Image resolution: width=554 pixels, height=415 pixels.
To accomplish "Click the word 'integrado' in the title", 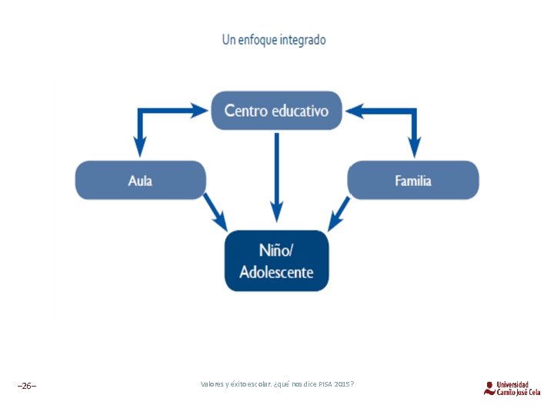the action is point(303,40).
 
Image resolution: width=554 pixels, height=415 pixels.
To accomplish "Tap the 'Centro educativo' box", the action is point(276,111).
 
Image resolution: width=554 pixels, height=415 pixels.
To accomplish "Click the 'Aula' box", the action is point(140,181).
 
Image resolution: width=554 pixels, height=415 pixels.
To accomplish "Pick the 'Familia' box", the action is point(413,181).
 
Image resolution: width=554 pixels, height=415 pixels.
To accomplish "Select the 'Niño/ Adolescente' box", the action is point(276,261).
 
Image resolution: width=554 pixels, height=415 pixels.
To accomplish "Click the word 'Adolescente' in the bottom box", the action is point(276,272).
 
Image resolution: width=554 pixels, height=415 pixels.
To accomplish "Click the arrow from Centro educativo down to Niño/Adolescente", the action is point(276,177).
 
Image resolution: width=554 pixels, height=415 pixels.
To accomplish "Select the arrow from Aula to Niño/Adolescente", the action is point(215,212).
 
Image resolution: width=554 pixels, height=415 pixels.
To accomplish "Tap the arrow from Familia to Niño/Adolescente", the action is point(339,213).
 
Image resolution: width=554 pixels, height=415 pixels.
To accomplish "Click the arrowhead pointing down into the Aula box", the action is point(139,147).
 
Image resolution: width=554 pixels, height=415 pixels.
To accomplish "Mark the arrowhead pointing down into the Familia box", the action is point(414,147).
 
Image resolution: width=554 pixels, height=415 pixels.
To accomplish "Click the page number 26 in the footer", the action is point(27,385).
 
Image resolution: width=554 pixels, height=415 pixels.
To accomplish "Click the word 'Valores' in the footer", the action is point(212,383).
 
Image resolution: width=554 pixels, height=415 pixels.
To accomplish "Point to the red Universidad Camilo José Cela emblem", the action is point(489,388).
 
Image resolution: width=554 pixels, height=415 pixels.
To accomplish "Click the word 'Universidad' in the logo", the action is point(512,384).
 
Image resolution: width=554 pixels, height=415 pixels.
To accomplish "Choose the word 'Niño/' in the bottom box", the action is point(276,251).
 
